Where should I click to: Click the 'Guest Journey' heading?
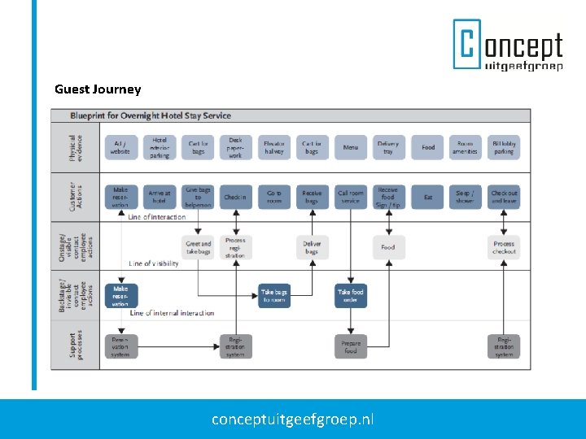coord(98,89)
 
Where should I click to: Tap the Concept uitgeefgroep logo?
coord(508,45)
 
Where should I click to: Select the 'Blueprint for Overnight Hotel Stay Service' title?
coord(151,116)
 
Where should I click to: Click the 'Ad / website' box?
coord(120,147)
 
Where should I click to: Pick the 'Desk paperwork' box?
coord(235,147)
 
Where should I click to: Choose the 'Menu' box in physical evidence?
coord(350,147)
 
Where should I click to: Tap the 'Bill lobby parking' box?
coord(504,147)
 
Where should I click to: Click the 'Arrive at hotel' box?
coord(160,198)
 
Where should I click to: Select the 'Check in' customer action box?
coord(235,198)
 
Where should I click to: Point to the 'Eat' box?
coord(427,198)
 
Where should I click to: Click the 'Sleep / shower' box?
coord(465,198)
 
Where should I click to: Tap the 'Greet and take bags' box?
coord(199,247)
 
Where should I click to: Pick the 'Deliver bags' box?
coord(312,247)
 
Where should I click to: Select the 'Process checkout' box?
coord(504,247)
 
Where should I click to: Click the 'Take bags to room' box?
coord(274,295)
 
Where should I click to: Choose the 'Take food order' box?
coord(350,295)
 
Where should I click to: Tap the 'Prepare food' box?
coord(350,346)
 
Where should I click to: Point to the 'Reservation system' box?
coord(120,346)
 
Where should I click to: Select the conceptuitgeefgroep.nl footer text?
coord(293,419)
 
